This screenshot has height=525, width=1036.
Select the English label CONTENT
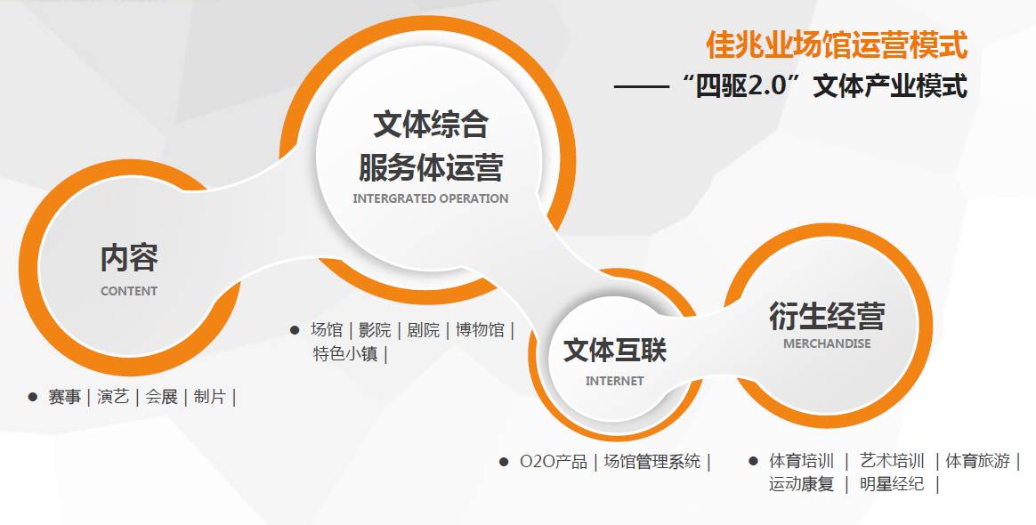pyautogui.click(x=129, y=291)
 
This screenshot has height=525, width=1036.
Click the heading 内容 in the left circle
pyautogui.click(x=129, y=258)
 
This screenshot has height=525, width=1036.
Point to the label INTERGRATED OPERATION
pyautogui.click(x=431, y=198)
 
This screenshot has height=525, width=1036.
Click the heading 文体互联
pyautogui.click(x=614, y=350)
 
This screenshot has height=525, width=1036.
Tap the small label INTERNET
pyautogui.click(x=614, y=381)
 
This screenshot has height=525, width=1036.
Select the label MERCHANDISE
pyautogui.click(x=827, y=343)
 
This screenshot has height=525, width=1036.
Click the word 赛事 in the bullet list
pyautogui.click(x=64, y=397)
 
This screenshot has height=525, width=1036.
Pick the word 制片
pyautogui.click(x=209, y=397)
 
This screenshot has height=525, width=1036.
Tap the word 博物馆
pyautogui.click(x=480, y=330)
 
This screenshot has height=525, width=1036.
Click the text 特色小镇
pyautogui.click(x=344, y=353)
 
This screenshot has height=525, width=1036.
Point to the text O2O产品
pyautogui.click(x=554, y=462)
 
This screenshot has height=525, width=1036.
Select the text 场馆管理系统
pyautogui.click(x=652, y=462)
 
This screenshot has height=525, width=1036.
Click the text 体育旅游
pyautogui.click(x=977, y=462)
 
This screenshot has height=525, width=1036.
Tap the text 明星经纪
pyautogui.click(x=892, y=485)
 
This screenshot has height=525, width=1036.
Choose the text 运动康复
pyautogui.click(x=801, y=485)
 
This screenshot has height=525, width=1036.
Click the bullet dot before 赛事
pyautogui.click(x=32, y=397)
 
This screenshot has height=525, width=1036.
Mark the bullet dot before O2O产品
pyautogui.click(x=503, y=462)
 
